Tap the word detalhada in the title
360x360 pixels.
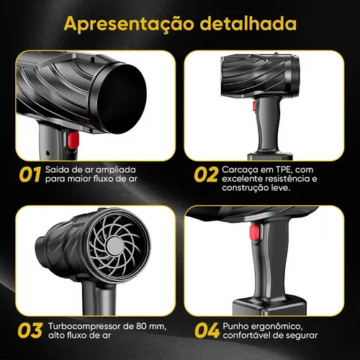[x=248, y=23]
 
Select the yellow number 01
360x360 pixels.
[x=30, y=174]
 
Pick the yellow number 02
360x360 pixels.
[x=206, y=174]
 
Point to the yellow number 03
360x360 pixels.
[x=30, y=330]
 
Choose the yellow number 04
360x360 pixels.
[x=207, y=330]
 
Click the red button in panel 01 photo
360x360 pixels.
[x=73, y=140]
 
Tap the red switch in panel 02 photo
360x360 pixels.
[x=254, y=106]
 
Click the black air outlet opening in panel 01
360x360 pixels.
[x=123, y=99]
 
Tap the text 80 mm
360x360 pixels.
[x=151, y=326]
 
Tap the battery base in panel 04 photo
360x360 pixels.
[x=269, y=307]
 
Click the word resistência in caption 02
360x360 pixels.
[x=285, y=179]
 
